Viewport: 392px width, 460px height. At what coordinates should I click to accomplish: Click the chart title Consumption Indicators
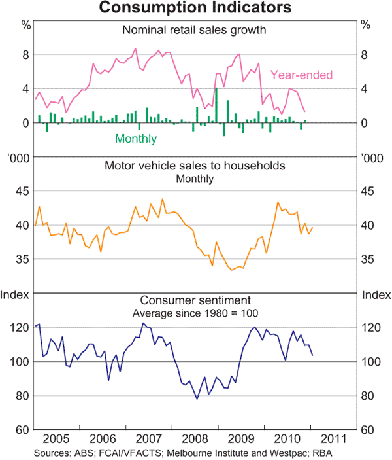click(x=195, y=9)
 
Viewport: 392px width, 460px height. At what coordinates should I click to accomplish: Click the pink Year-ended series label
click(x=301, y=75)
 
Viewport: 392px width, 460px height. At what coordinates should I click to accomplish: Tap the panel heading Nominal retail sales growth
click(x=195, y=29)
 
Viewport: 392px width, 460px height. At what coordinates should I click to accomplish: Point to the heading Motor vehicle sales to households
click(x=195, y=166)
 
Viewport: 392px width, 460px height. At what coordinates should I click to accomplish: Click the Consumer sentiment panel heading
click(x=195, y=300)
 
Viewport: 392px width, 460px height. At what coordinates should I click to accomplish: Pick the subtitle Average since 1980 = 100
click(x=195, y=312)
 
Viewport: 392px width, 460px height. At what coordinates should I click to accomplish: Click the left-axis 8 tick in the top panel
click(x=26, y=55)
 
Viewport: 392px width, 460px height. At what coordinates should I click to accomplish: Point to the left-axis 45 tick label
click(x=22, y=191)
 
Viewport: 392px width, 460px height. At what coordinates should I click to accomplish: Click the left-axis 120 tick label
click(x=20, y=327)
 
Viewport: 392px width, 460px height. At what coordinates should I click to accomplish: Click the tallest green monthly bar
click(x=216, y=105)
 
